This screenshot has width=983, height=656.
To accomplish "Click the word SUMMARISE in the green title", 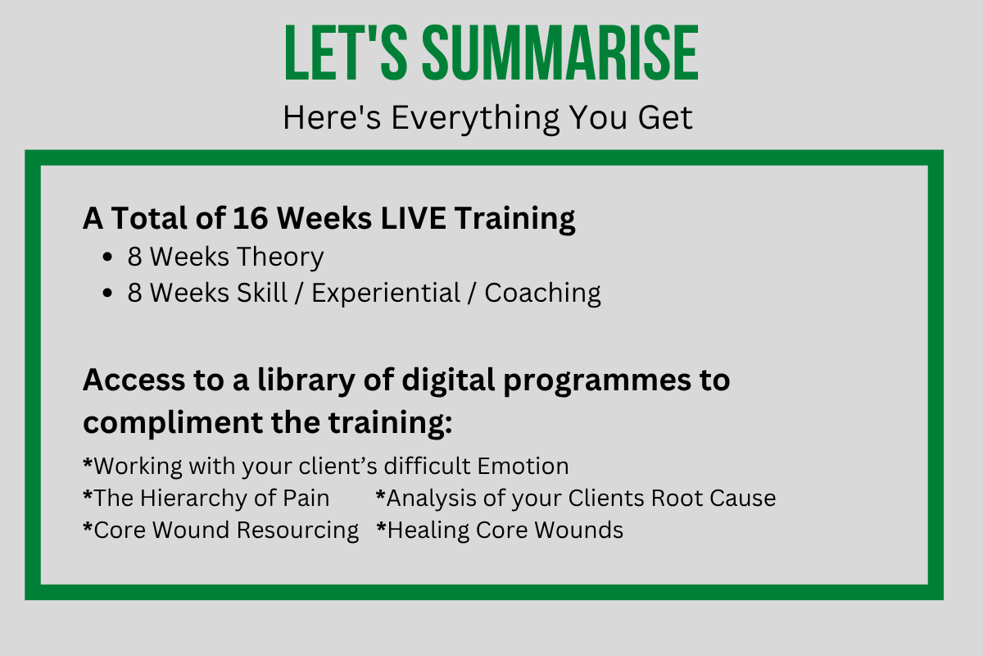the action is (560, 52).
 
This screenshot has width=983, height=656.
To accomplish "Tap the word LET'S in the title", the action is (346, 52).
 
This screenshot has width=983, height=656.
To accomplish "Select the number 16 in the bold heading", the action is (250, 218).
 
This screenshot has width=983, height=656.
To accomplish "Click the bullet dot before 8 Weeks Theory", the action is (107, 257).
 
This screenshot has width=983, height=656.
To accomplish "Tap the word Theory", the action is (280, 257).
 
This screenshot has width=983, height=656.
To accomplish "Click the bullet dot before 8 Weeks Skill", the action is (107, 293).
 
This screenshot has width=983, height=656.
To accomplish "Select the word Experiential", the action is (386, 294).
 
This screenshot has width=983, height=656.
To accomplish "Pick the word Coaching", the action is (542, 294).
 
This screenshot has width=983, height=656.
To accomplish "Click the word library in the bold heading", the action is (306, 380).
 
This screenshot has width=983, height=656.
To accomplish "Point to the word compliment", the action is (173, 423).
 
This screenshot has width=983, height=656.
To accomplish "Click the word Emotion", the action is (523, 467).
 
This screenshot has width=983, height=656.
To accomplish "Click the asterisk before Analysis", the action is (380, 494).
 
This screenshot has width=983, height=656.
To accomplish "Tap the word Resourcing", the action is (297, 531).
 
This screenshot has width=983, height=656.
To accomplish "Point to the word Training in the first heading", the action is (514, 219).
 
